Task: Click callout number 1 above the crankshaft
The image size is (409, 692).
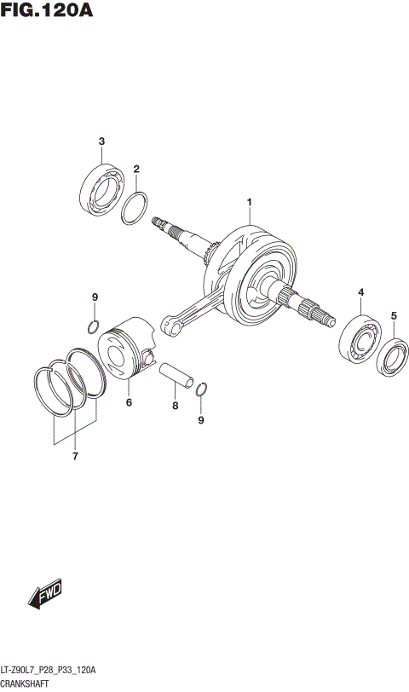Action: (249, 202)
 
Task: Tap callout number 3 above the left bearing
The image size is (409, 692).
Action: (360, 293)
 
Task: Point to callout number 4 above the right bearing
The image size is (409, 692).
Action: (394, 316)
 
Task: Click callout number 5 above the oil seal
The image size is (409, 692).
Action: (129, 402)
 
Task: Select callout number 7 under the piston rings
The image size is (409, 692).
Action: (175, 407)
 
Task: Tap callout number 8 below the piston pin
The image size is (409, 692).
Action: (95, 297)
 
